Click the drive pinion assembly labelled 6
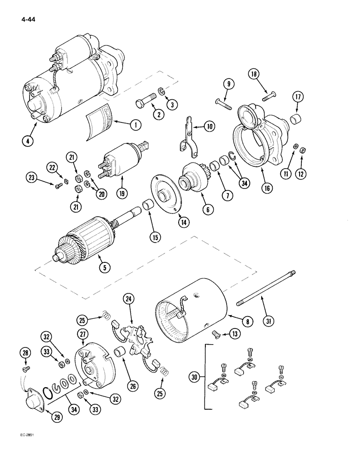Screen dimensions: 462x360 [x=193, y=178]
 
